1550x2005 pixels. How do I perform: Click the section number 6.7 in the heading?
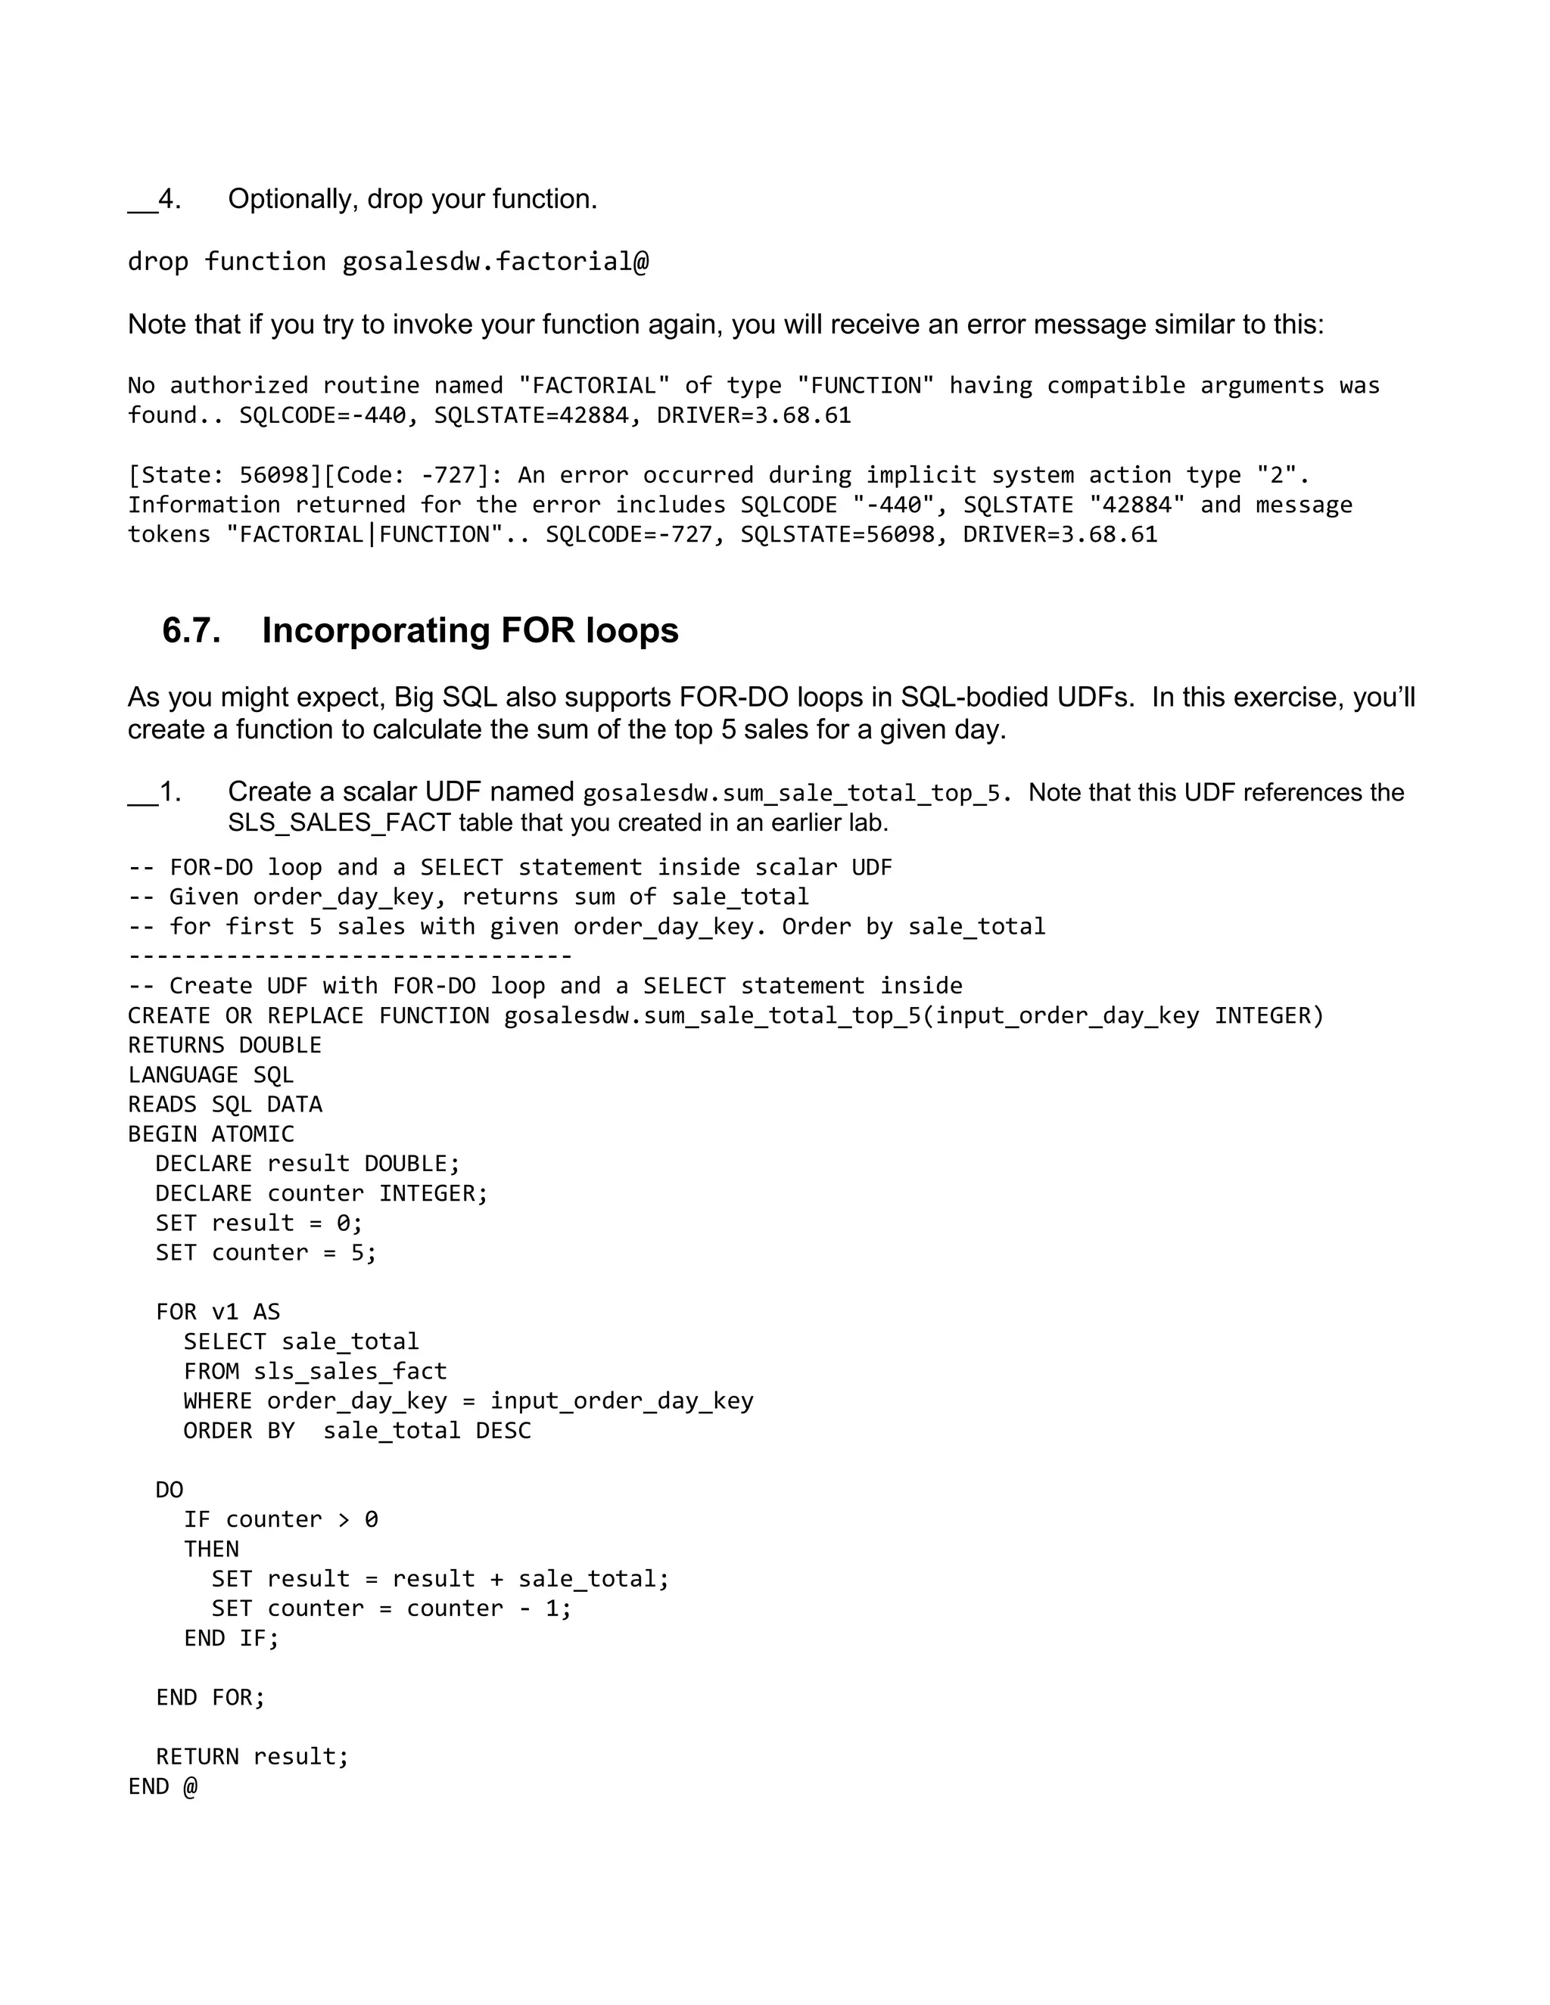191,632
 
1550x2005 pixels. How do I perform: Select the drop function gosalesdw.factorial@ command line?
387,263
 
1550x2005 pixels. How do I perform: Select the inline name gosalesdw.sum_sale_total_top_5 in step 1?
792,793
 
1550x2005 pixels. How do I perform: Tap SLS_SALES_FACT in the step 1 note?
340,823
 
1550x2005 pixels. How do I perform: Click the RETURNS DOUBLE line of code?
224,1046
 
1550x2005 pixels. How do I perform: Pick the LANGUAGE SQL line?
210,1075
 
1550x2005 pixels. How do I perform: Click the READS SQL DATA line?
224,1105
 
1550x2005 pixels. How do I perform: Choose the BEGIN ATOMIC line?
210,1135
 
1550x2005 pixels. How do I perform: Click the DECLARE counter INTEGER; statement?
322,1193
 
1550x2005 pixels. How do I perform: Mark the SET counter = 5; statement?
266,1253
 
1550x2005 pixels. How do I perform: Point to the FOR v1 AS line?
218,1312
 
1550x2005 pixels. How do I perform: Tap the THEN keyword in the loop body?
211,1550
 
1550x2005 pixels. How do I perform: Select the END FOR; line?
210,1698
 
